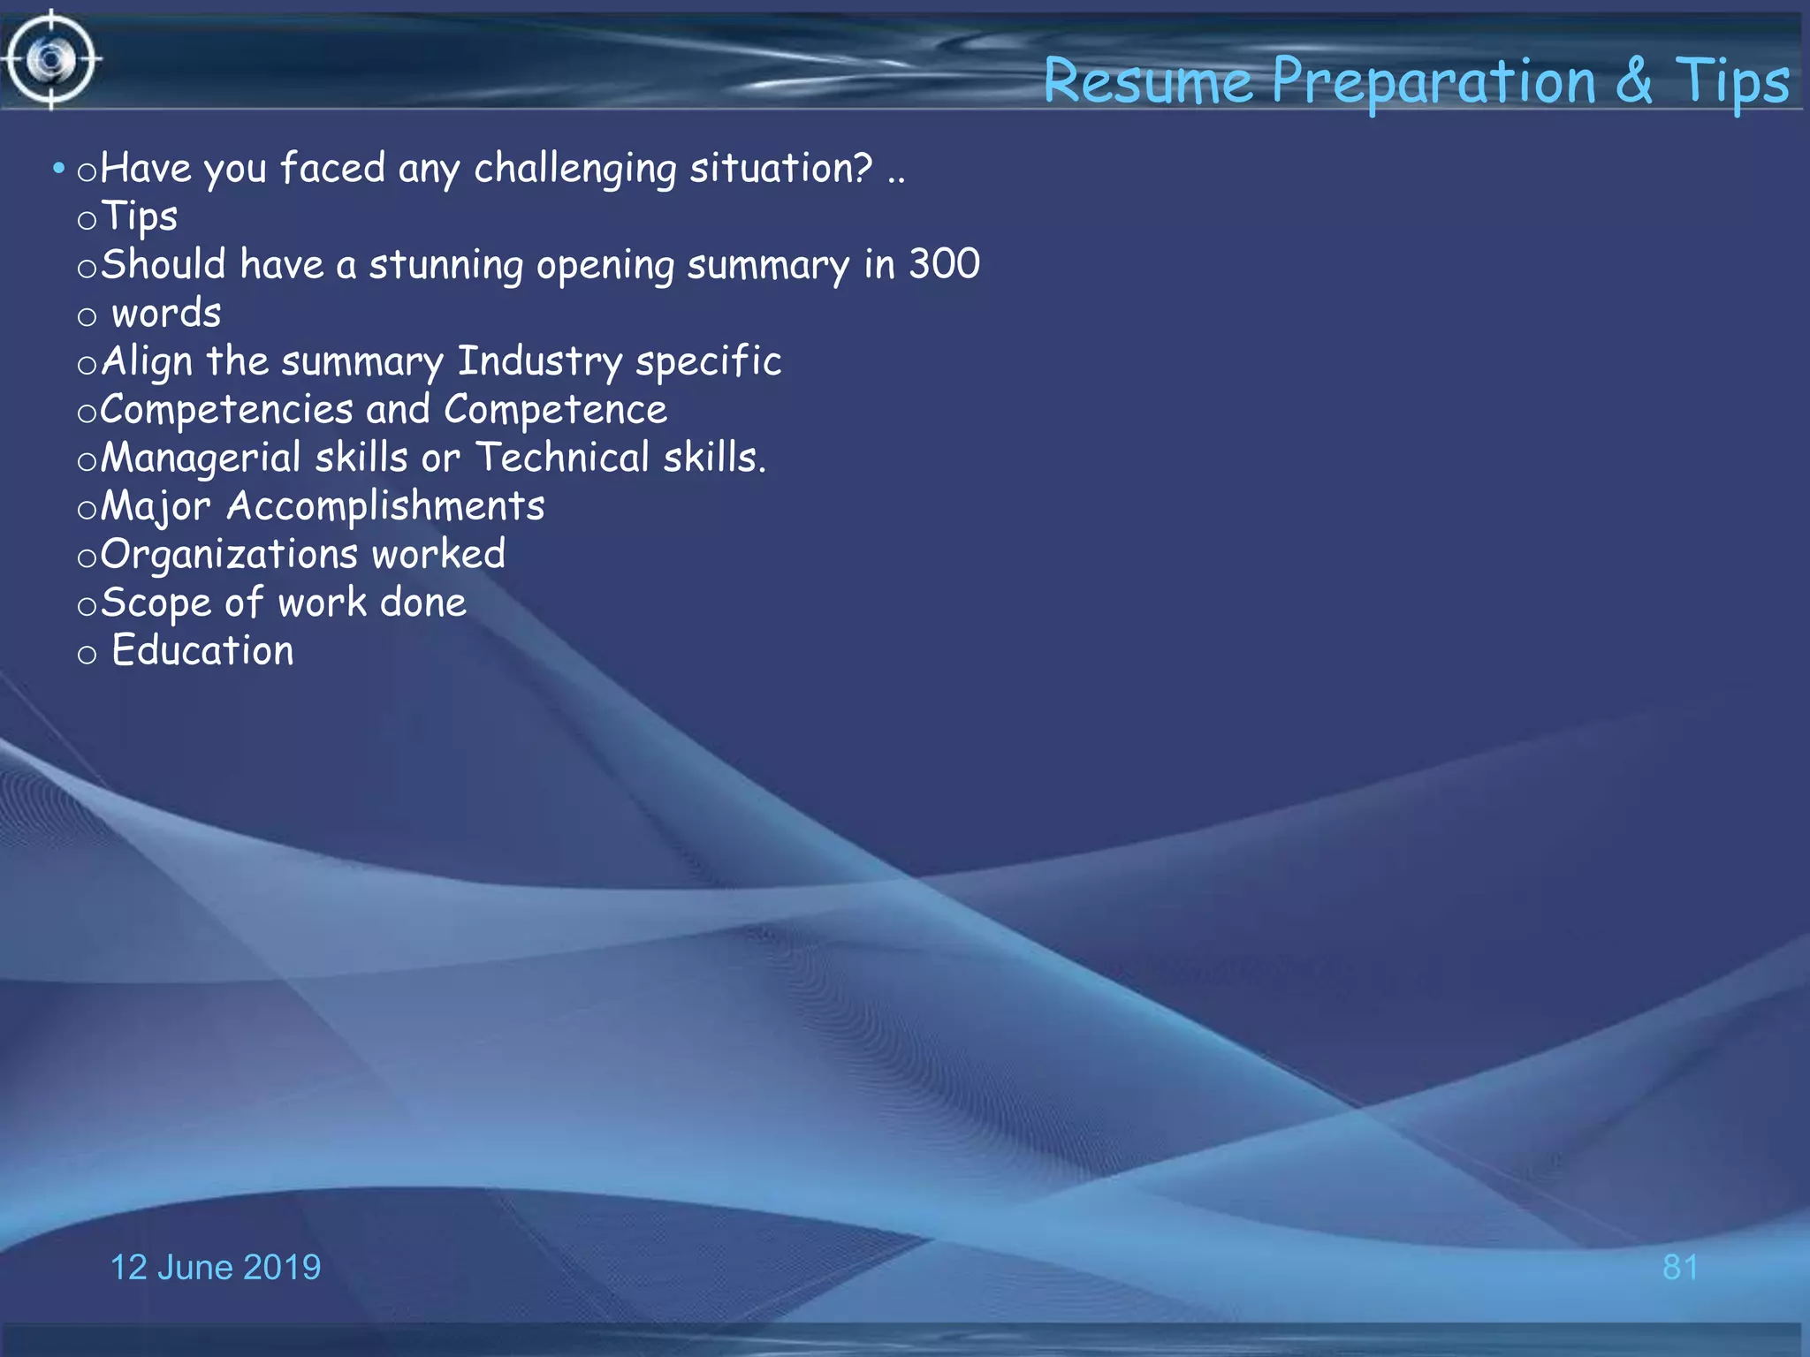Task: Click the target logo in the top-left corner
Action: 50,60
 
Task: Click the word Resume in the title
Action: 1148,81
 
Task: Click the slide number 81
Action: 1680,1267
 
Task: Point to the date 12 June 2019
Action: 215,1267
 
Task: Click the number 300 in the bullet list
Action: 945,264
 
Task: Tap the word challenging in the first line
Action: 574,169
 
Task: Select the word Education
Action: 202,651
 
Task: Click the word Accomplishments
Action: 385,506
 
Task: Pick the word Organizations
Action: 229,555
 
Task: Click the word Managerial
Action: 201,459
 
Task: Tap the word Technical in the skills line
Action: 563,458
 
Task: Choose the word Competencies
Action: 226,410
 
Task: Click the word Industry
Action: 539,361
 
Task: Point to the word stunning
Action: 446,265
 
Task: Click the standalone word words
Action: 166,313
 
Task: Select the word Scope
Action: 156,603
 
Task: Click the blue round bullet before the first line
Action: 58,167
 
